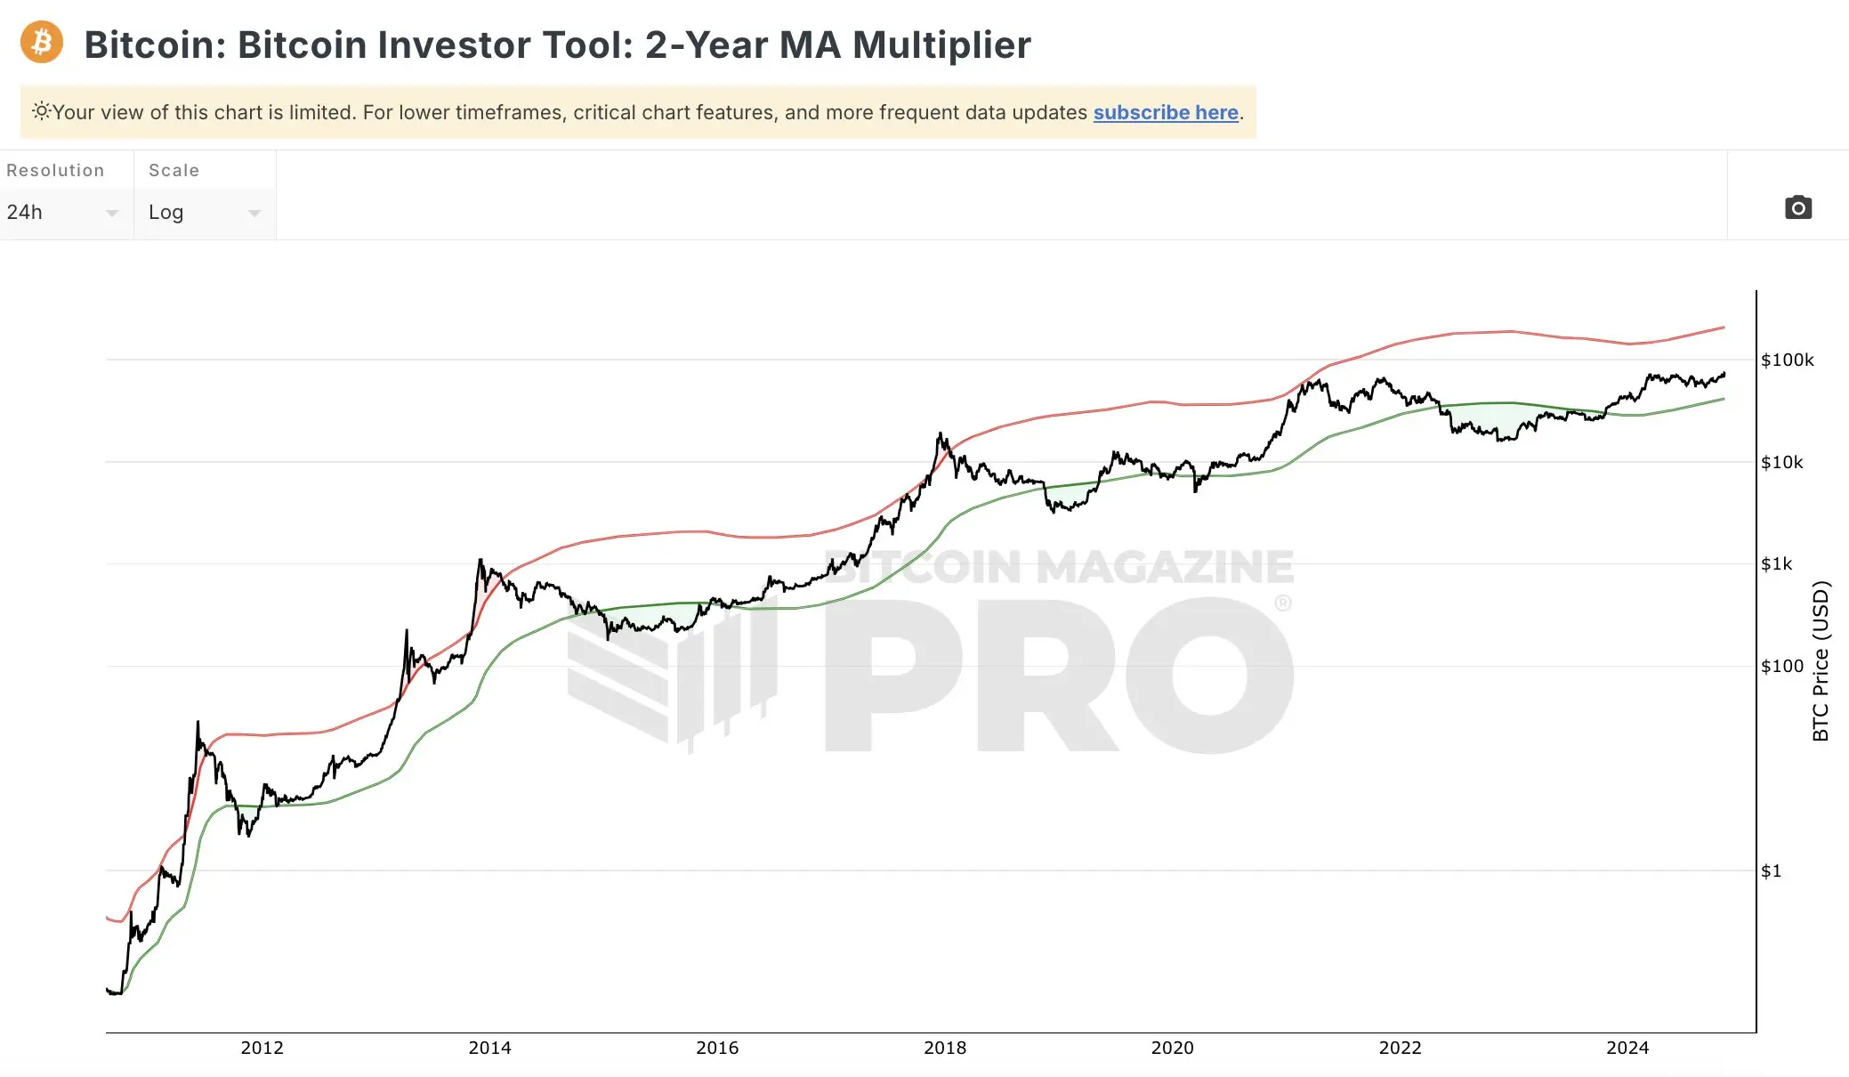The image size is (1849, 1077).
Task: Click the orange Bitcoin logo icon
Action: [42, 43]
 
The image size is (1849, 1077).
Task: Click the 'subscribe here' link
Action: [1166, 113]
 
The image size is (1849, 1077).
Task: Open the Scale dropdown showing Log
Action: [205, 212]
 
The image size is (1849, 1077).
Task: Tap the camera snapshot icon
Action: [1797, 207]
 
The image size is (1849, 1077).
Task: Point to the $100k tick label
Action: [1787, 360]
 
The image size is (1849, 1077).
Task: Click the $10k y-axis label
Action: [1781, 462]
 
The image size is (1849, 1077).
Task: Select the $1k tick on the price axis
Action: [1776, 563]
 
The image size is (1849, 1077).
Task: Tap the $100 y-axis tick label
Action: [1781, 666]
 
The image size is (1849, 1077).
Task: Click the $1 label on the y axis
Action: [1771, 871]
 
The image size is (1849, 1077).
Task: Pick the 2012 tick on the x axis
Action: [262, 1048]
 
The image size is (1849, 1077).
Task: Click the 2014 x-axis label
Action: [489, 1048]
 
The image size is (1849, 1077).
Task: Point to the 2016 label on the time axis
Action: [717, 1048]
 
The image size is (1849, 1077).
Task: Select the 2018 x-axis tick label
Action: [945, 1048]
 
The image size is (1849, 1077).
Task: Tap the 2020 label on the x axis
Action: [1172, 1048]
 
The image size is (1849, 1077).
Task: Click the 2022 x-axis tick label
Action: [1400, 1048]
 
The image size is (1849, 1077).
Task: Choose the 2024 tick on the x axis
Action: [1627, 1048]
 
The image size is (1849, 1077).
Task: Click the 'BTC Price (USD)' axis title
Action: [1821, 660]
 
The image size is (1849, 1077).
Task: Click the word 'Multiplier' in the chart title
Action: [941, 45]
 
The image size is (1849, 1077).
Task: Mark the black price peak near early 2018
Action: [941, 434]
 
